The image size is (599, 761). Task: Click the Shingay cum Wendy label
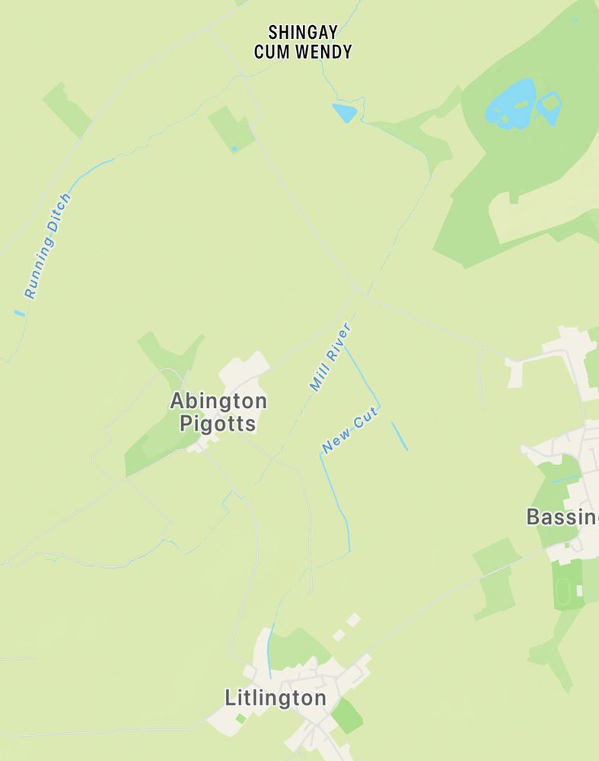click(302, 43)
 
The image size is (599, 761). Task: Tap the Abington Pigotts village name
click(218, 412)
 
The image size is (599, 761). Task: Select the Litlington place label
click(276, 698)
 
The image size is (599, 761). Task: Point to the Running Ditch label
click(47, 245)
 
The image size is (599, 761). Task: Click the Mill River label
click(330, 357)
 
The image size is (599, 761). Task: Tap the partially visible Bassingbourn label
click(562, 517)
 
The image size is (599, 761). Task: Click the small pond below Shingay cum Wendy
click(345, 113)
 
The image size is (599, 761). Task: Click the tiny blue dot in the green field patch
click(234, 148)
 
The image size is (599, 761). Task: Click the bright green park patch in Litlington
click(347, 716)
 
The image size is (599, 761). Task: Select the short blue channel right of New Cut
click(400, 436)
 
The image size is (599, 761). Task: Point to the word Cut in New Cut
click(364, 422)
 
